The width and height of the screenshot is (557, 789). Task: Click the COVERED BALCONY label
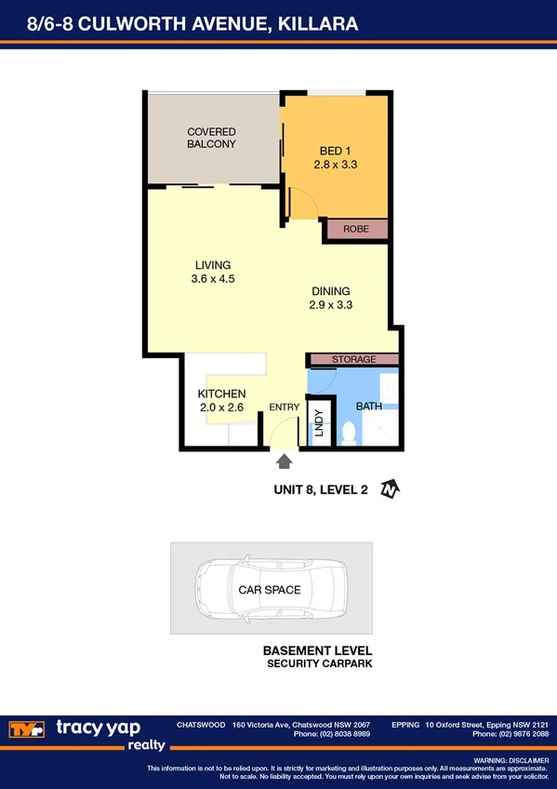pos(211,139)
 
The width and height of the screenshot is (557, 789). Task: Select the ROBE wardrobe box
pos(355,229)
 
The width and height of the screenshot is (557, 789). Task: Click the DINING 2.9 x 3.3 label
pos(330,297)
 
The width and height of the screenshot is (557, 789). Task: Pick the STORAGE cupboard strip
pos(353,360)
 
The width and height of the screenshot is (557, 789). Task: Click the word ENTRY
pos(284,408)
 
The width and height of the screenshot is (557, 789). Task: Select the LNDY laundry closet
pos(319,424)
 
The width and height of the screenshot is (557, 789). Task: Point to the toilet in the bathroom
pos(350,433)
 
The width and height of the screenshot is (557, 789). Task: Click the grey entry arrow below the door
pos(285,460)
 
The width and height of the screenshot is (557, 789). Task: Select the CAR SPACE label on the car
pos(270,590)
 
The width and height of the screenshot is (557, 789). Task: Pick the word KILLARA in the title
pos(319,21)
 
